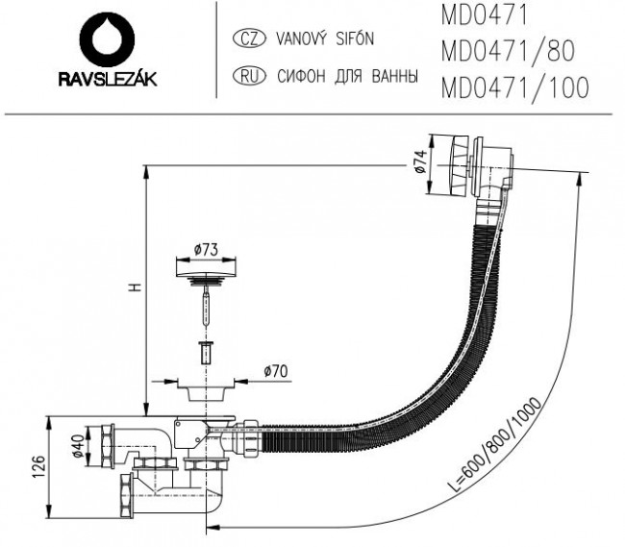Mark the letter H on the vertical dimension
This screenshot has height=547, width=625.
(137, 286)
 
